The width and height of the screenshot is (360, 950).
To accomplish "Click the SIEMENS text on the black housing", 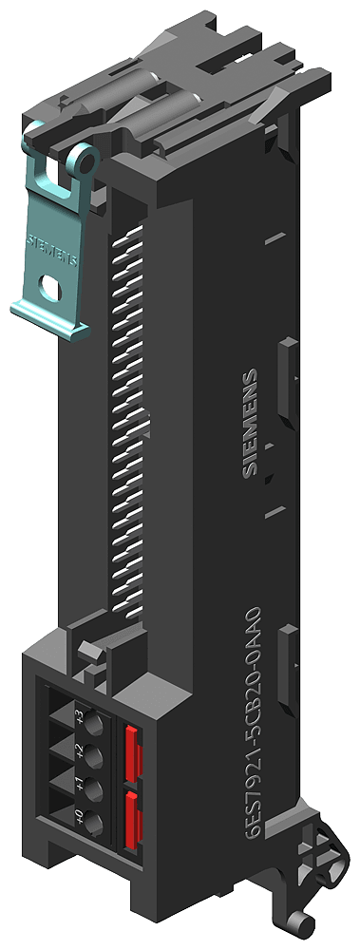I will coord(250,422).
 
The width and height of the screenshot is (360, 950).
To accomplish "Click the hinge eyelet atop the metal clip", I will coord(85,162).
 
